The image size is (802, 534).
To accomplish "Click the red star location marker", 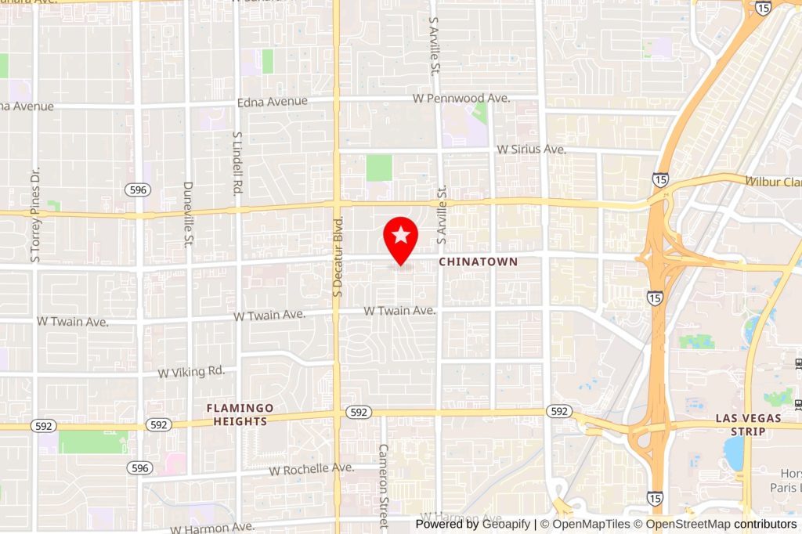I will click(400, 236).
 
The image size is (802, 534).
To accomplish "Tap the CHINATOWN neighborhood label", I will click(478, 262).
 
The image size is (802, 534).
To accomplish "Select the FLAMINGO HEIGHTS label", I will click(240, 414).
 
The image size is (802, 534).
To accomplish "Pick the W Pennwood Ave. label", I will click(462, 99).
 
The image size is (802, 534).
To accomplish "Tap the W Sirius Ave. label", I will click(531, 149).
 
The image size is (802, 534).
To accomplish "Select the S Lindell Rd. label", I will click(237, 162).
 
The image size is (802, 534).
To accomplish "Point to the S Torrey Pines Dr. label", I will click(34, 212).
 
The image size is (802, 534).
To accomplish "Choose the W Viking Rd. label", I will click(191, 372).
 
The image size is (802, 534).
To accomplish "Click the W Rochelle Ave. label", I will click(311, 470).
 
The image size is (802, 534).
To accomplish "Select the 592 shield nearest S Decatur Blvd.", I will click(359, 412).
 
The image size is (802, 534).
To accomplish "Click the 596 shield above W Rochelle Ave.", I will click(139, 467).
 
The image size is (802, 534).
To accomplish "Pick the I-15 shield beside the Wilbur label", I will click(660, 179).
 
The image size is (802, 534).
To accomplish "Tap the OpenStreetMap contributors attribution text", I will click(721, 524).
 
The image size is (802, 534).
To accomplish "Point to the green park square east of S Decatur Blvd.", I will click(379, 168).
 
